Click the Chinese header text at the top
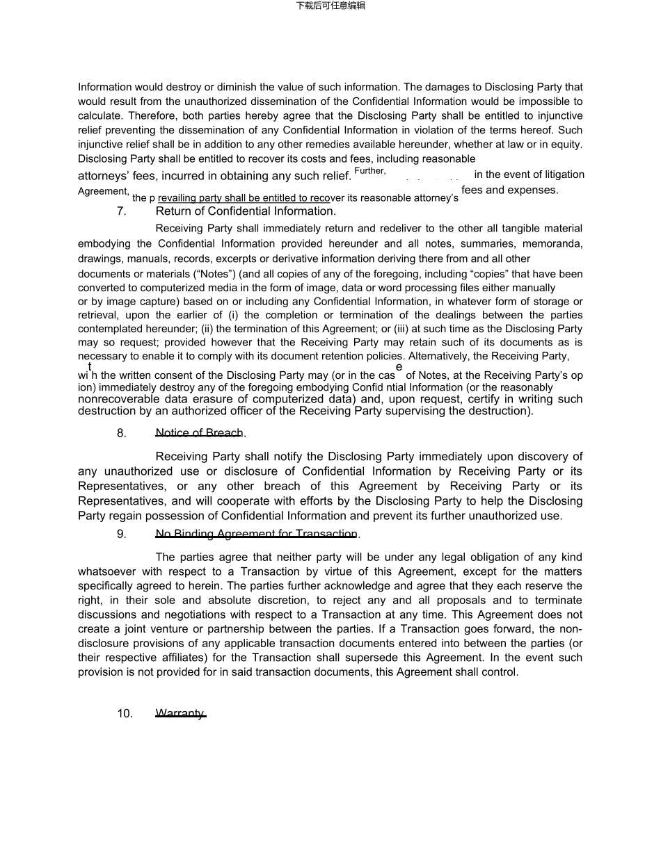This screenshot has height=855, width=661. click(x=330, y=6)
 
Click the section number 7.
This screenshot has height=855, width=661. click(x=122, y=211)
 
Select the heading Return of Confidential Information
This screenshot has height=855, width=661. click(x=246, y=211)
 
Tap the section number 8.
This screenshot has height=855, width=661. click(x=122, y=433)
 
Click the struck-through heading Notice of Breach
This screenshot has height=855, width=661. click(x=200, y=433)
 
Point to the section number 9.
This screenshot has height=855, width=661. click(x=122, y=534)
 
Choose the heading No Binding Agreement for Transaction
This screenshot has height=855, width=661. click(x=257, y=534)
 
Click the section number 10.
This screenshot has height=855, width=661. click(x=125, y=714)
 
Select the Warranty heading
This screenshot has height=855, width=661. click(x=180, y=713)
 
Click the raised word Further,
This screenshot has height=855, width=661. click(x=370, y=171)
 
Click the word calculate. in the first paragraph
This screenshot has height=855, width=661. click(x=100, y=116)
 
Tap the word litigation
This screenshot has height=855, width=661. click(x=560, y=174)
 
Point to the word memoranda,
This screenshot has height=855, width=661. click(x=551, y=244)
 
